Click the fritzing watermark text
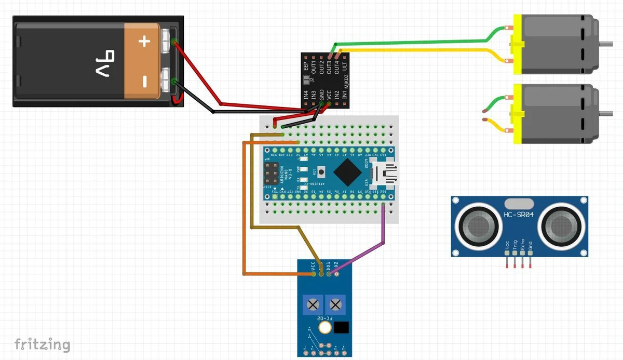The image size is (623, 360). click(x=42, y=344)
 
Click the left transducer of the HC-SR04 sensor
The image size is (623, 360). click(x=478, y=225)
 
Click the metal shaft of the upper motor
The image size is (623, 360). click(x=608, y=44)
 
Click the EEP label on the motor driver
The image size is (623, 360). click(x=306, y=66)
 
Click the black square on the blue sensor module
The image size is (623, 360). click(x=341, y=328)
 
